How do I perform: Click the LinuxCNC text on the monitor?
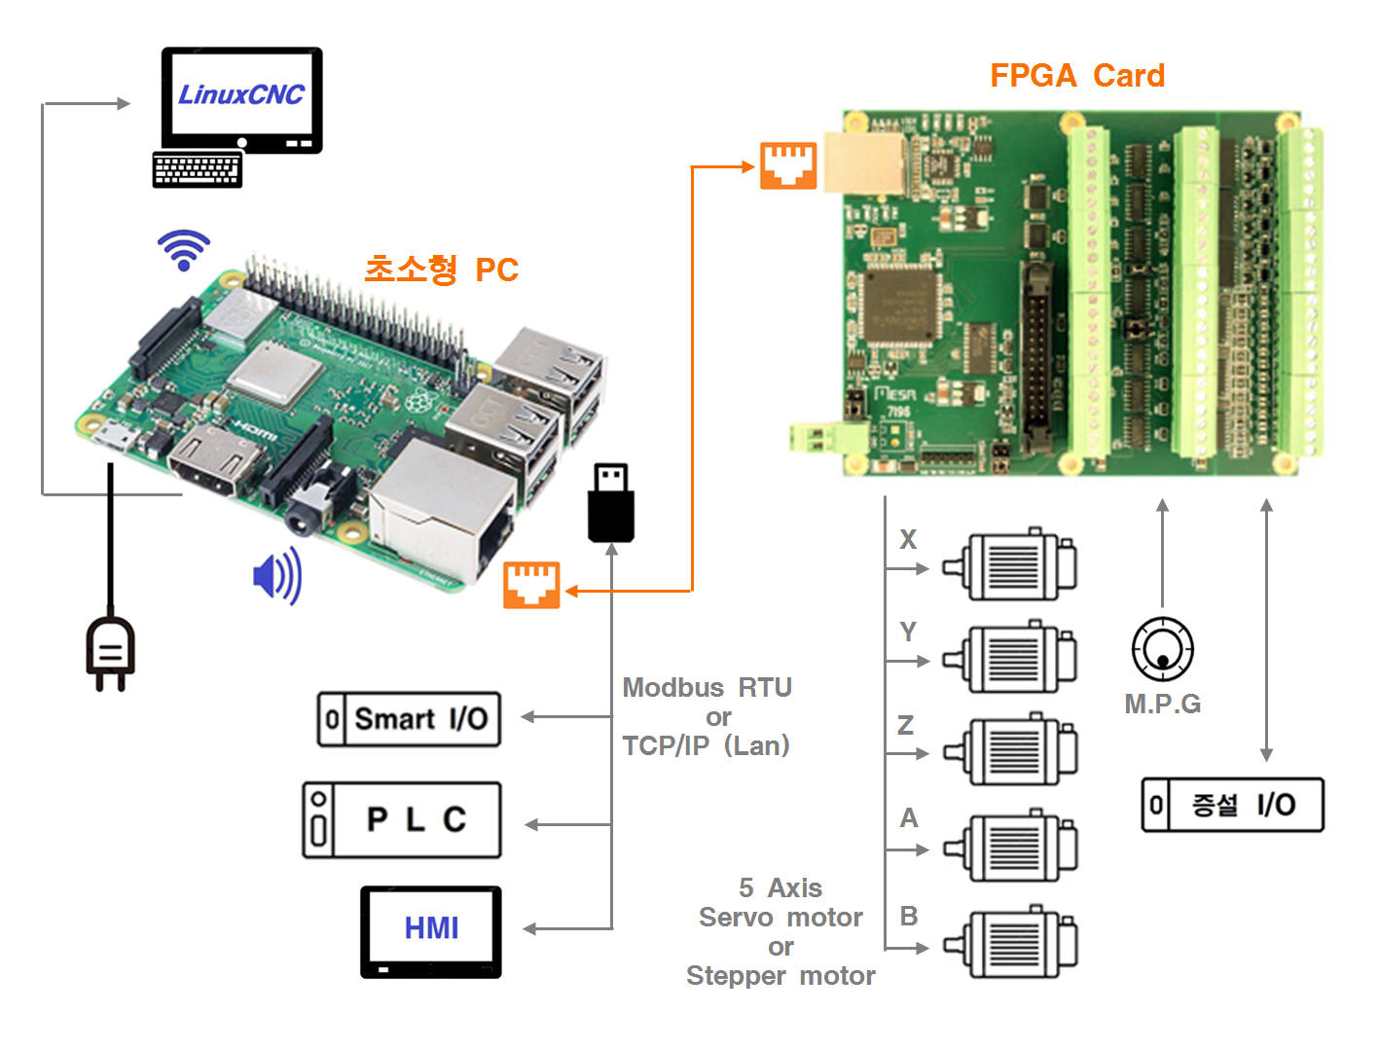coord(241,94)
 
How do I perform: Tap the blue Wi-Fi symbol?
coord(184,250)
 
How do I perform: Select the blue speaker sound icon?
coord(277,576)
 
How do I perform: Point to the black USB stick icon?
coord(611,503)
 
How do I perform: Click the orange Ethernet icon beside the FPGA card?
coord(788,165)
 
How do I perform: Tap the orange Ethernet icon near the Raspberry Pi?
coord(531,585)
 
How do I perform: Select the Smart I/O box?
coord(409,719)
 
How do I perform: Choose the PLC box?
coord(402,819)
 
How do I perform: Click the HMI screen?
coord(431,929)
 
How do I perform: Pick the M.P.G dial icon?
coord(1162,648)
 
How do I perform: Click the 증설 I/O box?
coord(1232,805)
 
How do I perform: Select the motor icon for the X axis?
coord(1012,565)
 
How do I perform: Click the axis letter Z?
coord(906,725)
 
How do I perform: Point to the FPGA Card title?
coord(1076,76)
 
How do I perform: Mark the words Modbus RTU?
coord(707,688)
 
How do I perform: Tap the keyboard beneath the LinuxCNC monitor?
coord(198,169)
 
